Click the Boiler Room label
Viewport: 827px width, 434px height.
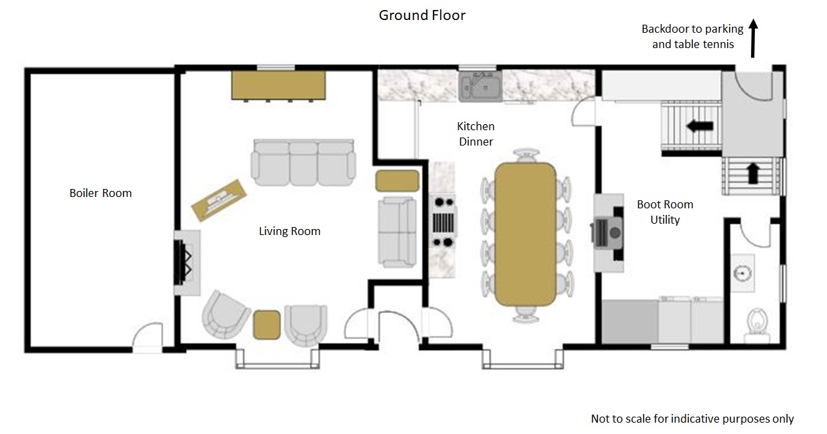[x=101, y=193]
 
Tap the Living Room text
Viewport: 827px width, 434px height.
[x=289, y=232]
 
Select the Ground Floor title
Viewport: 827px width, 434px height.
[x=422, y=15]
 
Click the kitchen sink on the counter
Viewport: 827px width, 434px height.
[x=480, y=86]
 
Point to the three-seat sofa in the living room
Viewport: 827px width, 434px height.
[x=303, y=162]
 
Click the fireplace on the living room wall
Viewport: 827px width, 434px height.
[x=187, y=262]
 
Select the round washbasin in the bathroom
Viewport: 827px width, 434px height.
[x=742, y=274]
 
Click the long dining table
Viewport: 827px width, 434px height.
[x=526, y=234]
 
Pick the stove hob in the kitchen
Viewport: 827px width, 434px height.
[x=443, y=222]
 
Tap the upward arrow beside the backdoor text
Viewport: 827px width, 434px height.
[x=753, y=39]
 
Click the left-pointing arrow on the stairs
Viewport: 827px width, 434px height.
[x=700, y=126]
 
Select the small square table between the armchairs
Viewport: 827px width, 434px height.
[x=267, y=324]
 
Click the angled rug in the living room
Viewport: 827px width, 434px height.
[x=219, y=200]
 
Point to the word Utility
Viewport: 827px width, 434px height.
[x=665, y=220]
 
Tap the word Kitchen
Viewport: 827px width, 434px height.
[x=476, y=126]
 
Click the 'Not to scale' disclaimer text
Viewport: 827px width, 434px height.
[x=692, y=419]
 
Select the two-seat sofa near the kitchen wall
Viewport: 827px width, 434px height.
[x=397, y=232]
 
